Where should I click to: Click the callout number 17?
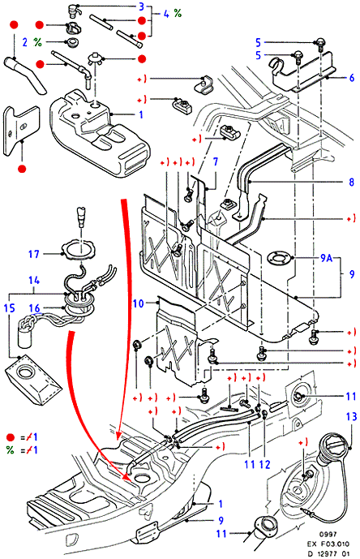[33, 254]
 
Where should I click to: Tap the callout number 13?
[351, 416]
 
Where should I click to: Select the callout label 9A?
[326, 258]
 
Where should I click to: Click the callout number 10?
[138, 303]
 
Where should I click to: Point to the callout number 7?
[216, 161]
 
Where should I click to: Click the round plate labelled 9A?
[281, 258]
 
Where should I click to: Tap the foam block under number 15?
[32, 380]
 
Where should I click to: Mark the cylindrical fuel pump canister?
[25, 338]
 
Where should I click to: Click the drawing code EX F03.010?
[328, 544]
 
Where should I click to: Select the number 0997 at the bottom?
[328, 534]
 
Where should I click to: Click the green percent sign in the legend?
[10, 450]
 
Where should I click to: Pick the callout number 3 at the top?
[142, 6]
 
